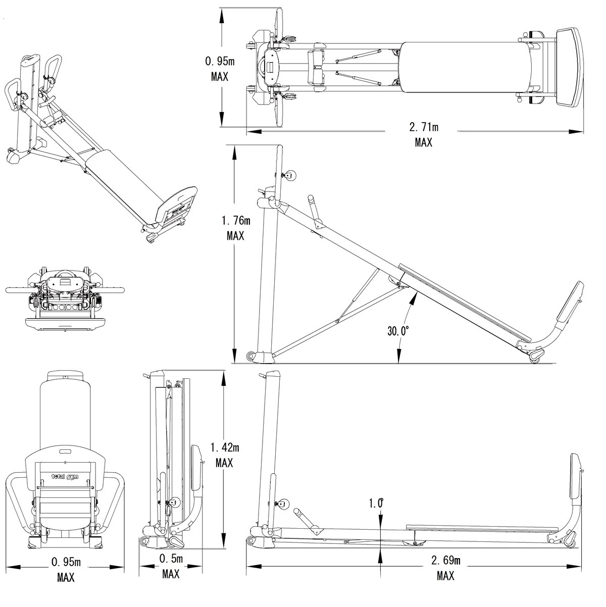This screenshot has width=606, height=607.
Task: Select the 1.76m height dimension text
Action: (236, 220)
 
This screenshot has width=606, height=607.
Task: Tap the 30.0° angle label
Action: (398, 331)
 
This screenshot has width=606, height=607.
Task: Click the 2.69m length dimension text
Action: (445, 560)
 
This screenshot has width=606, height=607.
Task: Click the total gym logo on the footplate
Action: (65, 476)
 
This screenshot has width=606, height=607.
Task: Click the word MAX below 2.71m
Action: (424, 142)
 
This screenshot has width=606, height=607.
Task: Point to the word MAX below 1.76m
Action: (236, 236)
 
